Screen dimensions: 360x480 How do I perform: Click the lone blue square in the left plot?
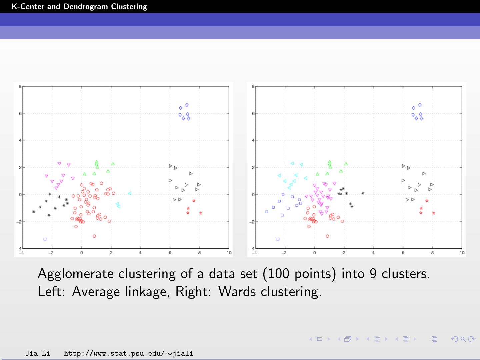point(45,239)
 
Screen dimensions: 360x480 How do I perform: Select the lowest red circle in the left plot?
point(94,236)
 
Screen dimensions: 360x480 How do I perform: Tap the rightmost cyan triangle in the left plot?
point(129,193)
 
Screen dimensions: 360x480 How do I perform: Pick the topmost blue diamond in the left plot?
point(187,105)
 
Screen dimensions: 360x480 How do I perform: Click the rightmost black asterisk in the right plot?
point(363,193)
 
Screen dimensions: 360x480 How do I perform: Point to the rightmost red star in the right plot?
point(434,213)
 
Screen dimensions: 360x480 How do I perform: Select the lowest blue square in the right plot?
point(278,239)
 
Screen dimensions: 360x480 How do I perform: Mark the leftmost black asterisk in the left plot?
point(34,212)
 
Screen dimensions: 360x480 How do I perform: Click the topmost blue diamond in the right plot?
point(420,105)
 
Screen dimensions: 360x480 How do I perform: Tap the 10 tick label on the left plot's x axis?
point(229,253)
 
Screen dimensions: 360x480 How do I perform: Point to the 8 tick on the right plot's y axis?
point(253,86)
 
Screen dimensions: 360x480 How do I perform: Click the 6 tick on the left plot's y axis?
point(20,113)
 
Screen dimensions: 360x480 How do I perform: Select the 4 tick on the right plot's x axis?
point(373,253)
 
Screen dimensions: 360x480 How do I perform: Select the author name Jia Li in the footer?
point(38,353)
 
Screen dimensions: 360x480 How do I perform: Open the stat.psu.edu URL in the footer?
point(128,353)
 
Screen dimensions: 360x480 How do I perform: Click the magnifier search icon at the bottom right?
point(463,339)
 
